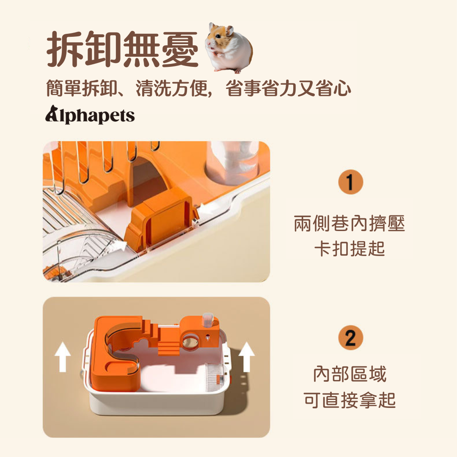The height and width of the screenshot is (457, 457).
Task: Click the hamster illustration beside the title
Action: (x=229, y=48)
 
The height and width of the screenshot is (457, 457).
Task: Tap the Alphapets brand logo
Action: (x=90, y=115)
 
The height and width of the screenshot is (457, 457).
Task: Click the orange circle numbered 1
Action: (x=351, y=182)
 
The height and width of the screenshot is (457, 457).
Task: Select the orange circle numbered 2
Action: (x=351, y=338)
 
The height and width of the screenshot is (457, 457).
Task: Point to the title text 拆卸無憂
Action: (x=122, y=49)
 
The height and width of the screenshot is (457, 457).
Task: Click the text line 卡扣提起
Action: (x=350, y=249)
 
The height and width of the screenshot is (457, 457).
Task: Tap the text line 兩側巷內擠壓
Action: (x=350, y=223)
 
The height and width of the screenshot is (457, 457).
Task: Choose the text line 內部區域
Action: (x=350, y=374)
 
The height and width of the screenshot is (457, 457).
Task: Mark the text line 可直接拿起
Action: (x=350, y=400)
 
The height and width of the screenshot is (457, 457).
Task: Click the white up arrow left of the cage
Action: (x=63, y=357)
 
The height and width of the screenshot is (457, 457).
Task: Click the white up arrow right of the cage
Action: (x=247, y=357)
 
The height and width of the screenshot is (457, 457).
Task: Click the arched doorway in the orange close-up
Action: (x=147, y=181)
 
